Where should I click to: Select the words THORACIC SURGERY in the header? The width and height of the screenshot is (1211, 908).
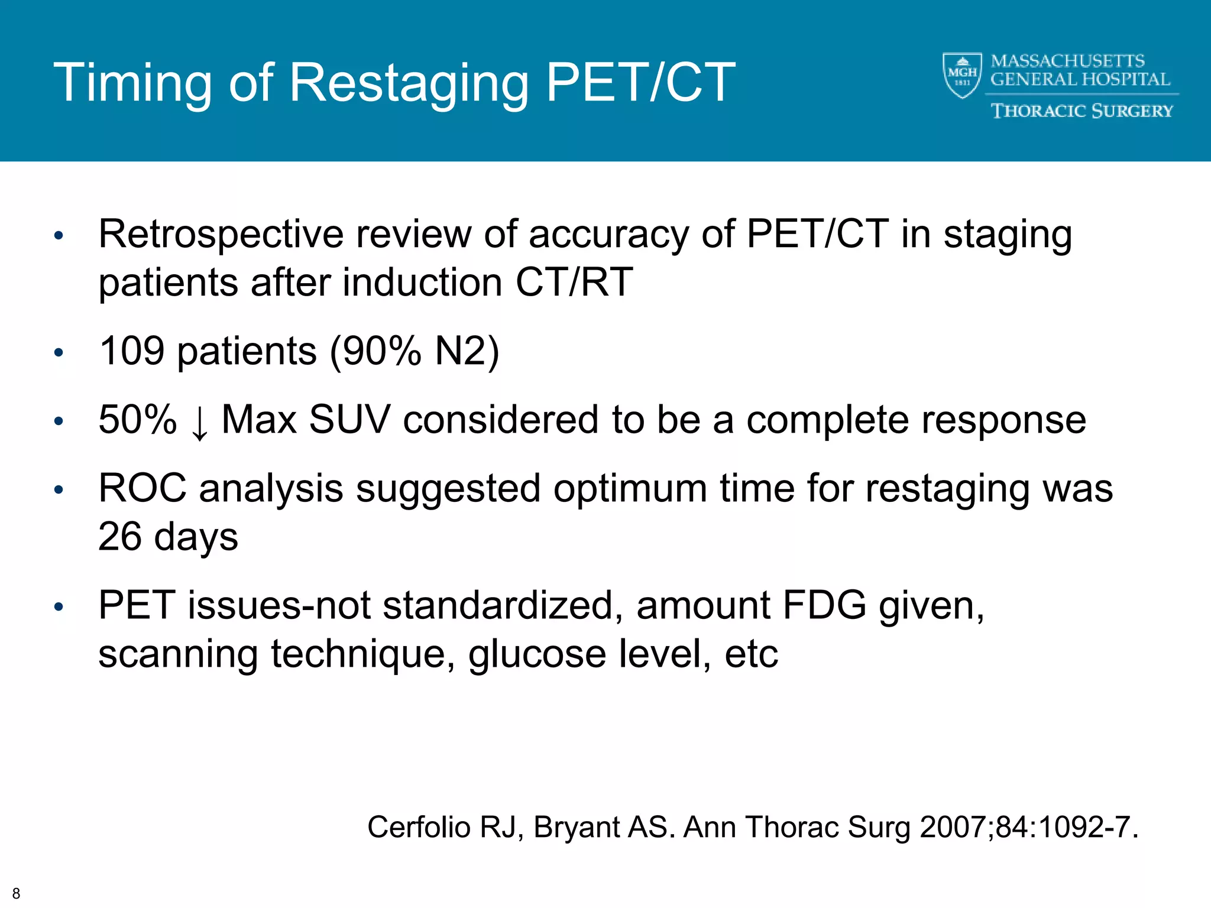point(1082,111)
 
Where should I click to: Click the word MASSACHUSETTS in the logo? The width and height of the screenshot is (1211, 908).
point(1067,61)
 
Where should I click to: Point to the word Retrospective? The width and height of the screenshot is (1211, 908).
point(221,235)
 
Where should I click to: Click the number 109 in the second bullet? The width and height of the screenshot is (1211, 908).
point(131,351)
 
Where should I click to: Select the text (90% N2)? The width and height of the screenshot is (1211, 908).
point(415,352)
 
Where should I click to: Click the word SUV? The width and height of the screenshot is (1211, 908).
point(349,420)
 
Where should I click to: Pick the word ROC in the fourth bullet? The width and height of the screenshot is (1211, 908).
point(142,489)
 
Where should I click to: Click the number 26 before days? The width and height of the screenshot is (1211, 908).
point(119,537)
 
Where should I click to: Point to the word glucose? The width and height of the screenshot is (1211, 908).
point(537,655)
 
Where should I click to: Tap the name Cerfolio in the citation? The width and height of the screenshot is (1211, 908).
point(418,827)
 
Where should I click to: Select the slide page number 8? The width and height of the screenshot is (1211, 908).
point(16,893)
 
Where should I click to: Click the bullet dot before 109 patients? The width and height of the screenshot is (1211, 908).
point(58,353)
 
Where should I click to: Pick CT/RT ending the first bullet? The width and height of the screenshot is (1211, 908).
point(574,283)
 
